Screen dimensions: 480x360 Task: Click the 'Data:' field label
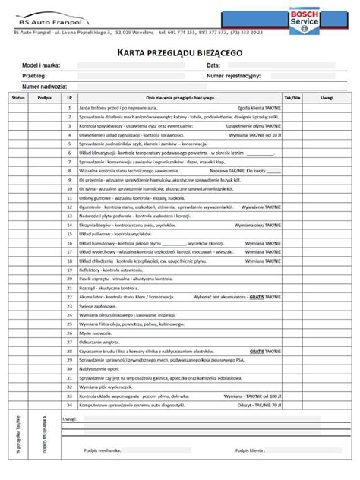tap(213, 67)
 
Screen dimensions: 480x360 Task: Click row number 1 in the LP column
tap(69, 108)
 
